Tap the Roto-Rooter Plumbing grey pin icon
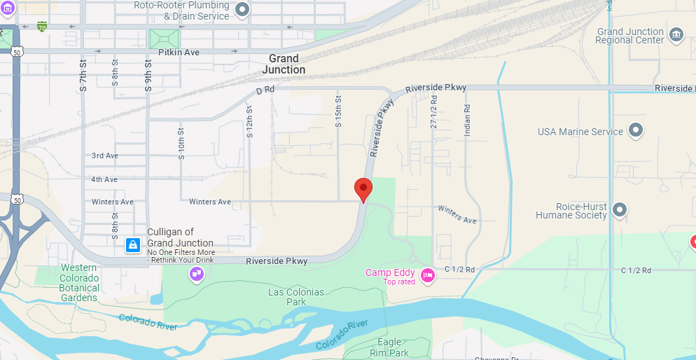tap(242, 10)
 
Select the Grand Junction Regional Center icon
tap(676, 34)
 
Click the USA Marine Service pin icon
tap(635, 131)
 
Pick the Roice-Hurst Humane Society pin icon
tap(619, 209)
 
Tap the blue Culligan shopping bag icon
tap(132, 244)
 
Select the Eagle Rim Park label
tap(389, 347)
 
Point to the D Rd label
tap(265, 91)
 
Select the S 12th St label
tap(249, 120)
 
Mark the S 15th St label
tap(338, 111)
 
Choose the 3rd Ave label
tap(104, 155)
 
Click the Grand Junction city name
tap(284, 64)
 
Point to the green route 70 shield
tap(42, 27)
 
